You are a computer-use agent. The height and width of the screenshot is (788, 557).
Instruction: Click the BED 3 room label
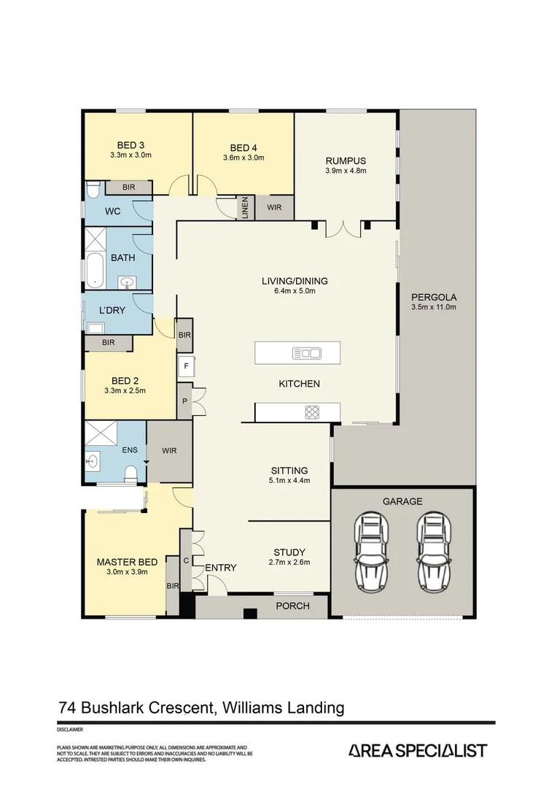tap(131, 144)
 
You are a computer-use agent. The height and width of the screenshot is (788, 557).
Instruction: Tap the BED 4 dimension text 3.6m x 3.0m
tap(244, 157)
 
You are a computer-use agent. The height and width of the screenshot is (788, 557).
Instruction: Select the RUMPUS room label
tap(346, 161)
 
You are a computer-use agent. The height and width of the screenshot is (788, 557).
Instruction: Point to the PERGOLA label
tap(434, 297)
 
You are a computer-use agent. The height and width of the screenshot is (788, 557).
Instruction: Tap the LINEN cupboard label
tap(245, 208)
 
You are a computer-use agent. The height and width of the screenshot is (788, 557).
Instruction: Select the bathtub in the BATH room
tap(93, 270)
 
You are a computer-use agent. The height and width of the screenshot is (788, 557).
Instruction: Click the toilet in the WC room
tap(93, 190)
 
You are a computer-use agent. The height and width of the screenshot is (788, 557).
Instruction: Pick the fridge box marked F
tap(186, 366)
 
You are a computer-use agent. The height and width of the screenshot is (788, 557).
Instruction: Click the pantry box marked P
tap(184, 401)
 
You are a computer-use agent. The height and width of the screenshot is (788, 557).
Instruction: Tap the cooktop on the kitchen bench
tap(312, 413)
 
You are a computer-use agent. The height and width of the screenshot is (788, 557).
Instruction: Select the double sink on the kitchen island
tap(307, 354)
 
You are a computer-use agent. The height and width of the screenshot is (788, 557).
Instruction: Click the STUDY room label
tap(289, 552)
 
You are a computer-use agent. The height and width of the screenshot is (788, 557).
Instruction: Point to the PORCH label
tap(292, 606)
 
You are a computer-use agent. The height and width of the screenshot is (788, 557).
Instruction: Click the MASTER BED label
tap(128, 562)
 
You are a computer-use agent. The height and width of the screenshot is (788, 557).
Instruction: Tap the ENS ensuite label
tap(130, 449)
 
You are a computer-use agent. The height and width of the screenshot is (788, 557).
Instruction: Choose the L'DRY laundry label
tap(112, 310)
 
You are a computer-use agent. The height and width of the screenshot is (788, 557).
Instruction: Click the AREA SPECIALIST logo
tap(418, 750)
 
